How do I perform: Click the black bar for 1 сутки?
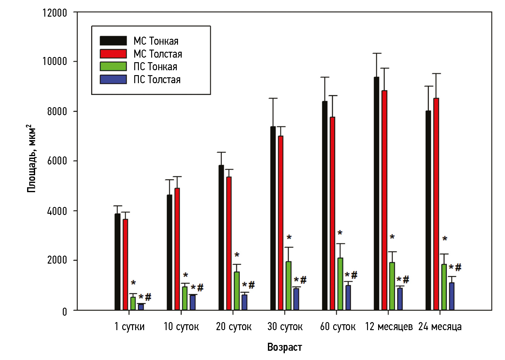[x=118, y=262]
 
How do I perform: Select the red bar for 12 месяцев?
[x=384, y=200]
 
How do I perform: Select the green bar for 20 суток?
[x=237, y=291]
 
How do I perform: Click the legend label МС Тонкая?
[x=156, y=41]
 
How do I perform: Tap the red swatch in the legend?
[x=113, y=54]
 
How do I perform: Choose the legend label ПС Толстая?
[x=157, y=79]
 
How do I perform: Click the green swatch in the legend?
[x=113, y=67]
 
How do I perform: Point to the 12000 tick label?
[x=55, y=13]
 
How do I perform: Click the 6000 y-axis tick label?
[x=57, y=161]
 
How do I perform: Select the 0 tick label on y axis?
[x=64, y=312]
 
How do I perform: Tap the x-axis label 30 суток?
[x=285, y=326]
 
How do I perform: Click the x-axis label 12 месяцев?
[x=389, y=326]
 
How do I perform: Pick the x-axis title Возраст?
[x=285, y=347]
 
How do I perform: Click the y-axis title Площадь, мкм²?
[x=31, y=158]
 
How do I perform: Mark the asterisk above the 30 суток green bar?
[x=289, y=238]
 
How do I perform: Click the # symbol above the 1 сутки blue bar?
[x=148, y=297]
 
